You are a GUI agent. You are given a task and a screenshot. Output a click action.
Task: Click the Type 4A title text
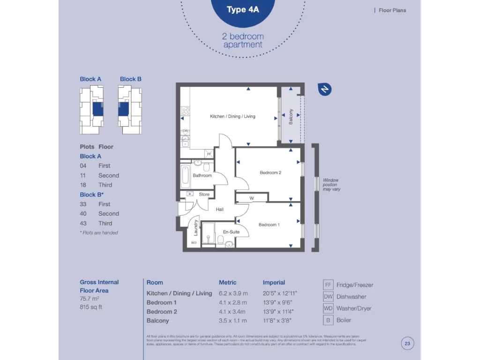point(242,10)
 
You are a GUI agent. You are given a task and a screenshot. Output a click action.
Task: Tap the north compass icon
point(324,89)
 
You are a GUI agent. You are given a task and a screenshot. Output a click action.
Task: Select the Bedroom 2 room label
point(270,172)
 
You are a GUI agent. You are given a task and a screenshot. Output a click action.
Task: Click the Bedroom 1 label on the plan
point(269,225)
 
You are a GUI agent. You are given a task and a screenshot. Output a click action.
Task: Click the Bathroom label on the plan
point(202,175)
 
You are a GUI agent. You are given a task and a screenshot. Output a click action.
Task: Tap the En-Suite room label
point(231,232)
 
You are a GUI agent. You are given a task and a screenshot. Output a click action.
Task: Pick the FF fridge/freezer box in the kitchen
point(209,153)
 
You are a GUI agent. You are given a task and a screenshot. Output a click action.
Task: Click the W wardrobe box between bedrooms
point(251,198)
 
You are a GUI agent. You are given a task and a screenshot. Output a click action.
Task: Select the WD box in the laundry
point(193,243)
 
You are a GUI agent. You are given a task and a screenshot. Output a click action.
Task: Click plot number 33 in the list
point(84,204)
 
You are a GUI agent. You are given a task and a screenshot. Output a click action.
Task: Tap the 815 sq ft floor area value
point(91,307)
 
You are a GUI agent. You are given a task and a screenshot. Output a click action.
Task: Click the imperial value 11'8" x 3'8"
point(278,321)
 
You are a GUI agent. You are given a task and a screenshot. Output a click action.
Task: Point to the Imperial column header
point(274,282)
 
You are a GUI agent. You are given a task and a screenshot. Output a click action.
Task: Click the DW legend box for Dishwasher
point(328,297)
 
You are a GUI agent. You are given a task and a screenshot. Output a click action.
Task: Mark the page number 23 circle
point(407,344)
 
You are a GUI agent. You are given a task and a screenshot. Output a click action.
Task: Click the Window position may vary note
point(331,185)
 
